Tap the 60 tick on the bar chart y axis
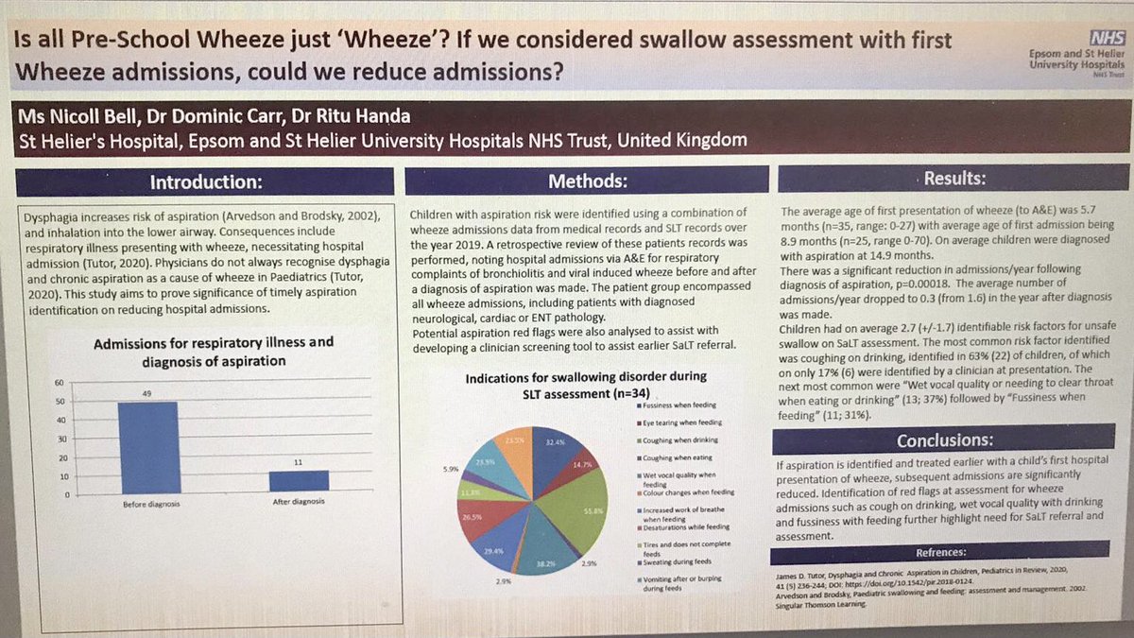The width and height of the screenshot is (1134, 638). click(61, 383)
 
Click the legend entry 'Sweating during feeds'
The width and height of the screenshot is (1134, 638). click(677, 563)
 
